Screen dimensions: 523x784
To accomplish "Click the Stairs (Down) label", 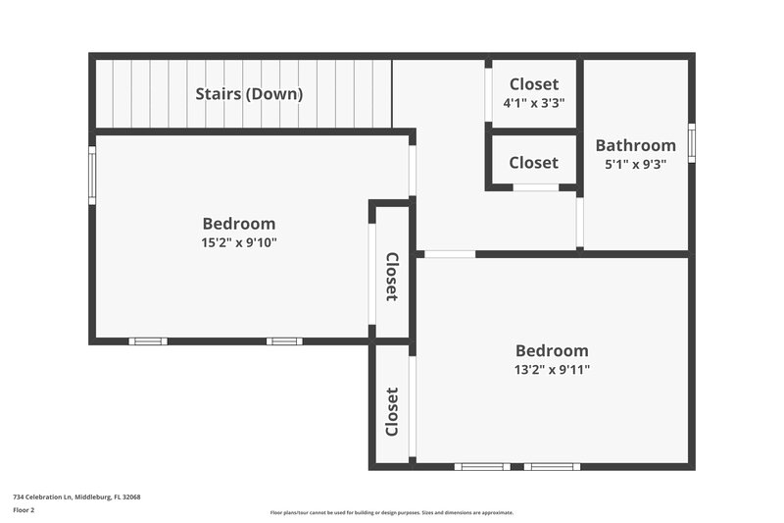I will click(x=249, y=94).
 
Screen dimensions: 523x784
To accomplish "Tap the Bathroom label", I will click(x=635, y=145).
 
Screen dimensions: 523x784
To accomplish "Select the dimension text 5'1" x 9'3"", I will click(x=635, y=165).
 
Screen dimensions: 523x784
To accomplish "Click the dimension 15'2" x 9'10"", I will click(x=238, y=242).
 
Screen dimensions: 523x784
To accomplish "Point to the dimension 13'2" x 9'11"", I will click(x=552, y=370).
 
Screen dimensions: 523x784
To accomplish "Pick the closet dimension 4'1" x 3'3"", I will click(x=533, y=102).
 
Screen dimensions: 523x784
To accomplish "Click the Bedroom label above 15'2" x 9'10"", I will click(x=238, y=223).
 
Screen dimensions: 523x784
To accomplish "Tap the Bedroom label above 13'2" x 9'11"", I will click(x=552, y=350).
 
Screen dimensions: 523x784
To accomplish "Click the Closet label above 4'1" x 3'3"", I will click(x=533, y=84).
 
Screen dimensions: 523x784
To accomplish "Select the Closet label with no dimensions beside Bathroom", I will click(x=533, y=163).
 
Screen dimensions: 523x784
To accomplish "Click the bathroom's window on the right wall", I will click(x=691, y=142).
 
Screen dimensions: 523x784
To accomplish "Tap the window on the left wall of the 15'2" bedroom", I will click(x=93, y=175).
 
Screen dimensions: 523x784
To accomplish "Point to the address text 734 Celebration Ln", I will click(x=76, y=497).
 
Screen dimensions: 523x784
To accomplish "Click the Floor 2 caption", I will click(x=24, y=510).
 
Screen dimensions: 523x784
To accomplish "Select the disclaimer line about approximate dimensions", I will click(x=392, y=512).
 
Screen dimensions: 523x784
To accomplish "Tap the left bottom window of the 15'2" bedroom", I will click(x=148, y=341).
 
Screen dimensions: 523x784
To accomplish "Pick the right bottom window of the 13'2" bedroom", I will click(x=552, y=466).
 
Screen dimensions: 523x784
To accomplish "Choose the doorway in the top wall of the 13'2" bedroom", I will click(x=450, y=254).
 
